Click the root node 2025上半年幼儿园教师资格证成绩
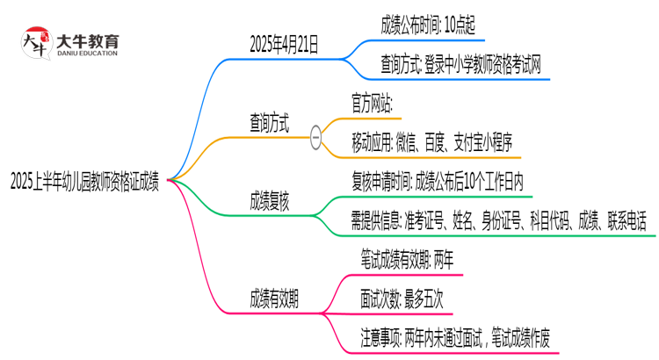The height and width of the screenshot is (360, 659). [84, 181]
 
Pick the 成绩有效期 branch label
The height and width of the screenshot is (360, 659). [273, 298]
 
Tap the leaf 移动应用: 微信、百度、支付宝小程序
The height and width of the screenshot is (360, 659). [431, 140]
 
